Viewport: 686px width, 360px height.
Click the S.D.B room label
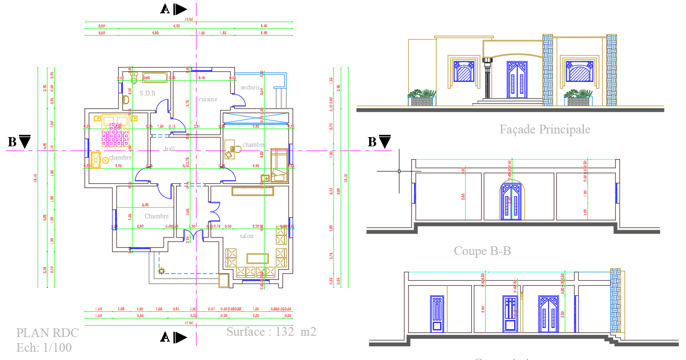tap(148, 93)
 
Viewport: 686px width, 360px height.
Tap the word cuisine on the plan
tap(208, 99)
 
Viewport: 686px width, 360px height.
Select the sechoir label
tap(250, 88)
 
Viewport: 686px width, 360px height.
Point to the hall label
tap(170, 149)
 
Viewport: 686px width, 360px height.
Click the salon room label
tap(246, 236)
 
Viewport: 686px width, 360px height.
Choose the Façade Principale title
tap(545, 129)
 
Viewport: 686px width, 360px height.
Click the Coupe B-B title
tap(482, 251)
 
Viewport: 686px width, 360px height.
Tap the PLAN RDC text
tap(48, 333)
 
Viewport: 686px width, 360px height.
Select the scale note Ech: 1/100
tap(44, 348)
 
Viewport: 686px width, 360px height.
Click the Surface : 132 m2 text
tap(271, 332)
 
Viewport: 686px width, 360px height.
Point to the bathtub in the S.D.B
tap(154, 78)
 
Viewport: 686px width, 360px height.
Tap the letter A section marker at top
tap(165, 9)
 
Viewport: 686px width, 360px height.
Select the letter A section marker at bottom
tap(165, 338)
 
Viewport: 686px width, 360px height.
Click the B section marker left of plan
tap(12, 142)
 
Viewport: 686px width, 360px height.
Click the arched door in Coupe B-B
tap(512, 201)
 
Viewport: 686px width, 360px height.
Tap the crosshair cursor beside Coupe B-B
tap(399, 171)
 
